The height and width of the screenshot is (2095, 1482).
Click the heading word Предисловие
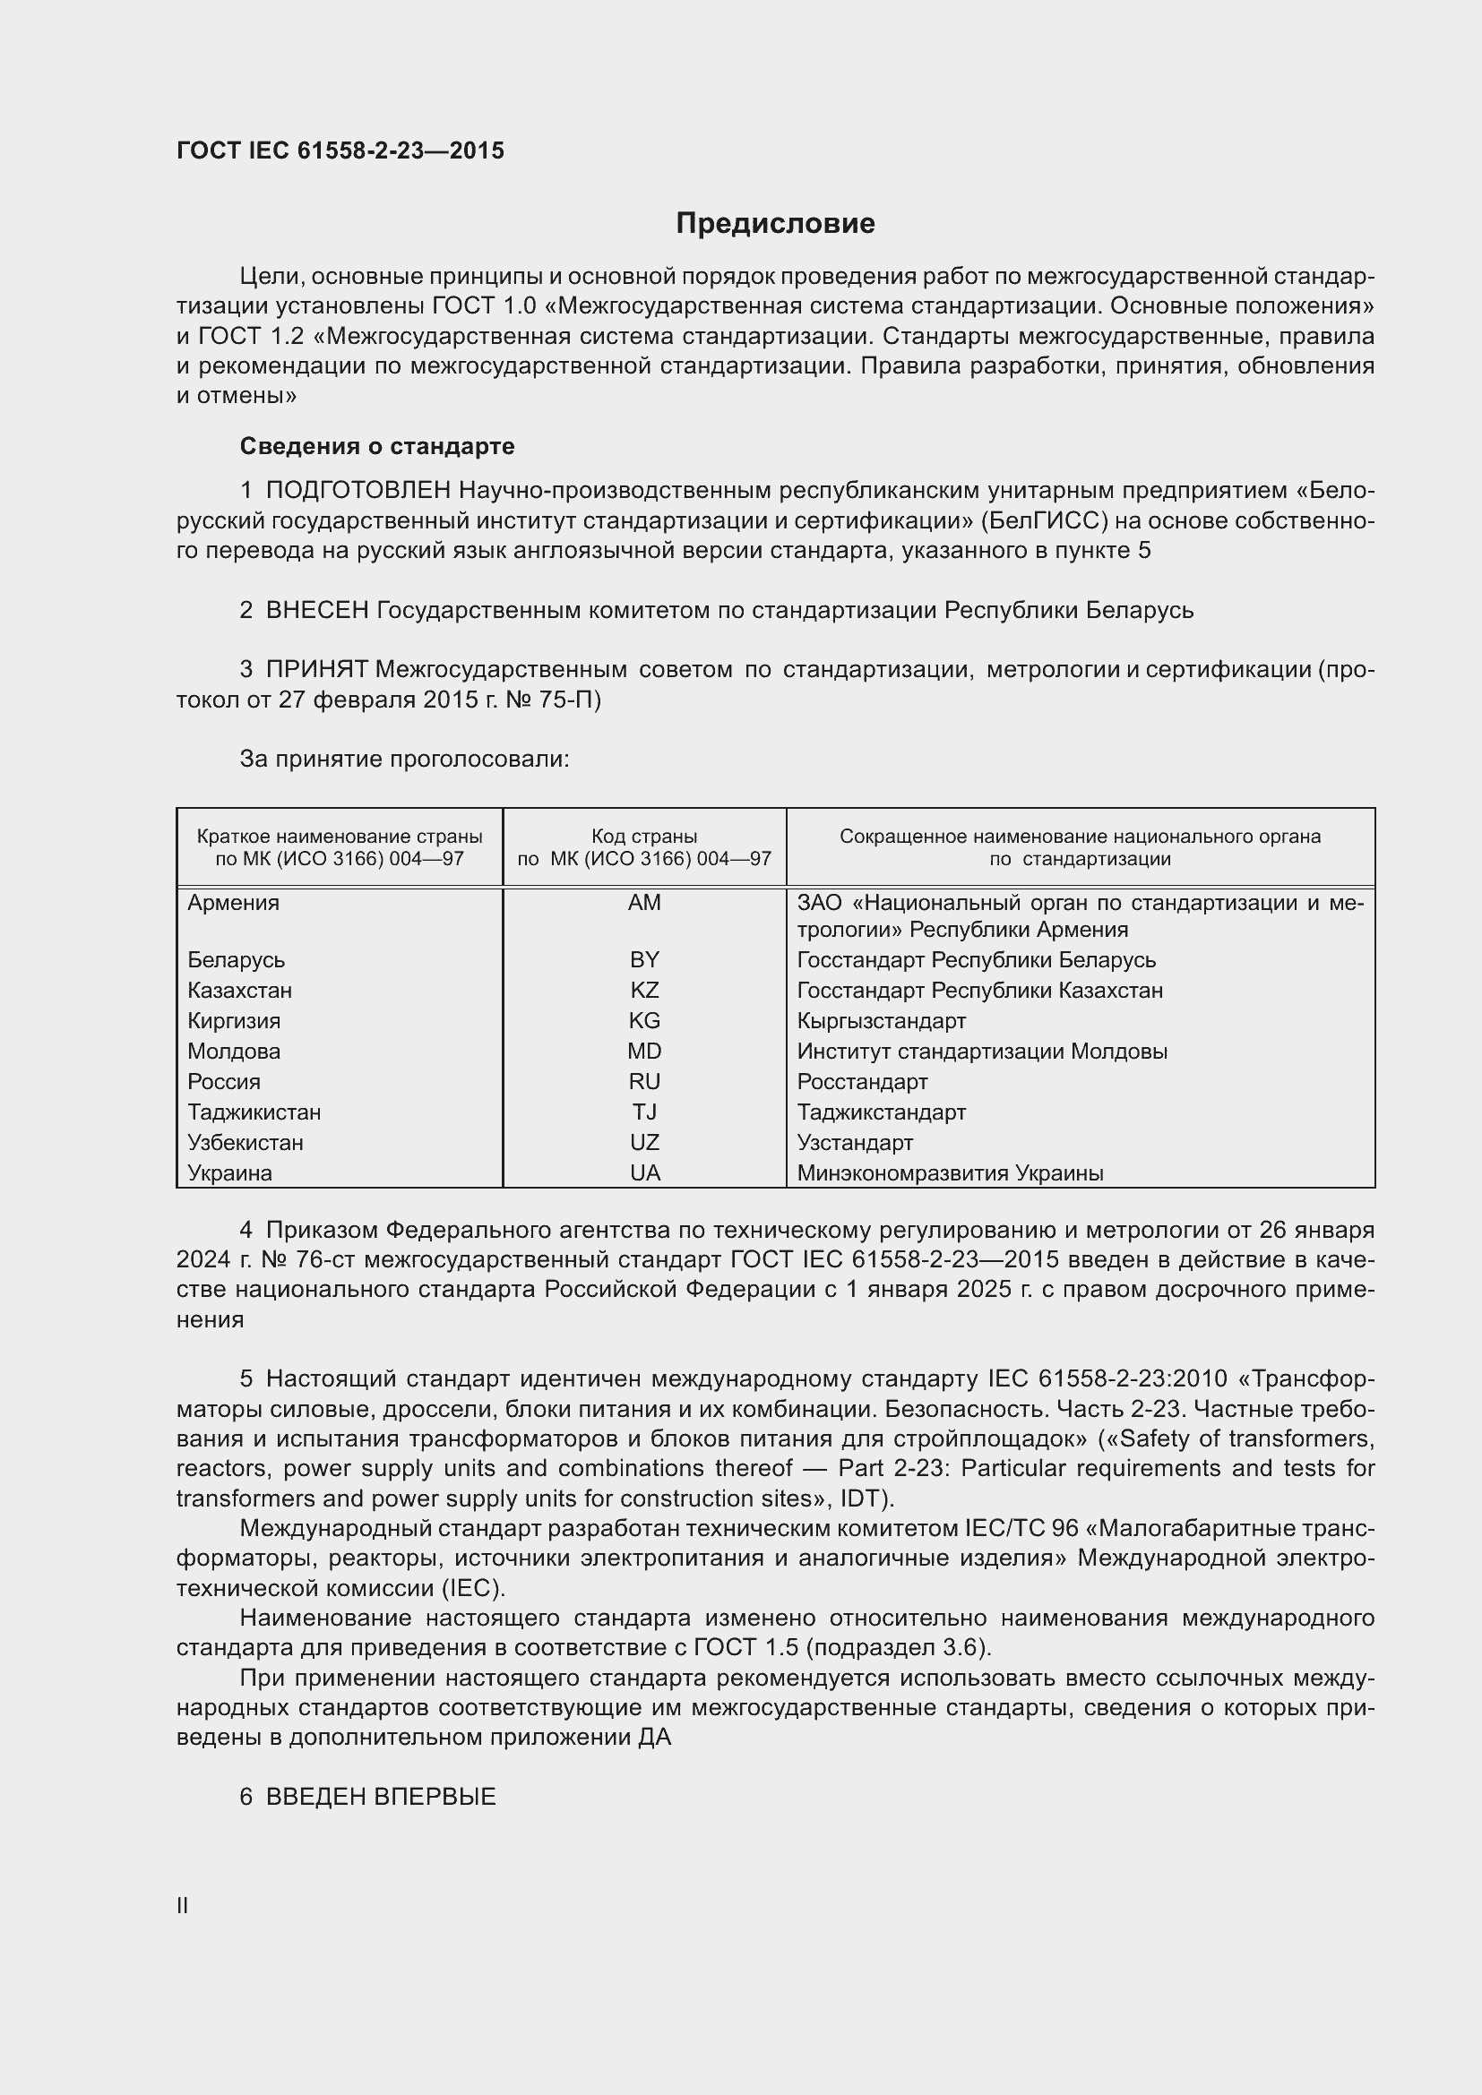[775, 224]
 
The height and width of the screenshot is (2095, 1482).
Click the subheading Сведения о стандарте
[377, 446]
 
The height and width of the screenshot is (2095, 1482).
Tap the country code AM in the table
[644, 903]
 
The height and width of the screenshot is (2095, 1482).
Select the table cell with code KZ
[644, 990]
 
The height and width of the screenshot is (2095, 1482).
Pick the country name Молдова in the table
[234, 1052]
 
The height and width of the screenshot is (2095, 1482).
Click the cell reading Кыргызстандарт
[881, 1021]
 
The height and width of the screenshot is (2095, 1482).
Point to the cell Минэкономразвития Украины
[950, 1173]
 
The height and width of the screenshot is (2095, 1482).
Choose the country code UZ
[644, 1142]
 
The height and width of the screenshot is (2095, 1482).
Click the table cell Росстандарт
[861, 1082]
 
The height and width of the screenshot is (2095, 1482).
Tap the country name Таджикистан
[254, 1112]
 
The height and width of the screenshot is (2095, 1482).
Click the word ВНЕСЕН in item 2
[316, 611]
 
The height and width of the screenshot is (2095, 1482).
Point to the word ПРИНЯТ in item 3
[316, 670]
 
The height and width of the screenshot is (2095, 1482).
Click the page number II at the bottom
[183, 1906]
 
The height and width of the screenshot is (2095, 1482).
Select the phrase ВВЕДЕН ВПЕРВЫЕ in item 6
[381, 1797]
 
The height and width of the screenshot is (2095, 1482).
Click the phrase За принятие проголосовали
[404, 760]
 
